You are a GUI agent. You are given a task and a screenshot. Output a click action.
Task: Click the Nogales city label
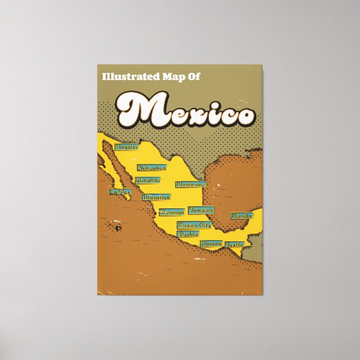click(126, 147)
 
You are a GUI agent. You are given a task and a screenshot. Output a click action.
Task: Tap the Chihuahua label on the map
click(151, 168)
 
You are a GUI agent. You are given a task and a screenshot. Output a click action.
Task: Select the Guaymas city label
click(148, 180)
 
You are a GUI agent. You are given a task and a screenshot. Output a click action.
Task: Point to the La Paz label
click(120, 192)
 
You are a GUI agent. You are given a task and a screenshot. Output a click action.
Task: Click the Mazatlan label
click(156, 197)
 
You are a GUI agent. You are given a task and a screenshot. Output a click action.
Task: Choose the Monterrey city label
click(190, 184)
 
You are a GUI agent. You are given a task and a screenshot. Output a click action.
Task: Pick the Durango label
click(172, 212)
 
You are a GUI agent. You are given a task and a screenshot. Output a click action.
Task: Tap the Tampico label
click(201, 210)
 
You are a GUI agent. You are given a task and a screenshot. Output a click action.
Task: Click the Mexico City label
click(193, 225)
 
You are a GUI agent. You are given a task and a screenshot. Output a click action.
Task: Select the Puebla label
click(188, 234)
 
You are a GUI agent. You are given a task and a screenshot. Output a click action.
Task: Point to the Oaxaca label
click(211, 244)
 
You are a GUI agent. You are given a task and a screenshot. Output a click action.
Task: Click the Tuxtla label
click(235, 244)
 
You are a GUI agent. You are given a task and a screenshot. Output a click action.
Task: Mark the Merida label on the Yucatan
click(241, 215)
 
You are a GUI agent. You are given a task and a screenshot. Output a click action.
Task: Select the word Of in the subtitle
click(192, 78)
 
